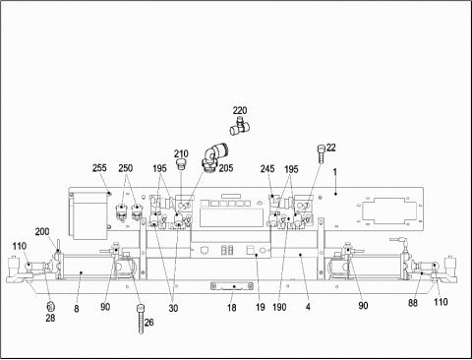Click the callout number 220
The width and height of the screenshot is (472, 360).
pos(240,110)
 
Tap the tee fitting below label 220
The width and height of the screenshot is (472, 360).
pos(240,126)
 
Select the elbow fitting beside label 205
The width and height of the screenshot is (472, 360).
pos(213,156)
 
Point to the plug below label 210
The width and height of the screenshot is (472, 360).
pos(181,164)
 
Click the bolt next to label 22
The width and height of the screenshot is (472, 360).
pos(322,153)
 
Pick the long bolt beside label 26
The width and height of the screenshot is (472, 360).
pos(141,319)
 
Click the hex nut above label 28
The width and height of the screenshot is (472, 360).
pos(50,307)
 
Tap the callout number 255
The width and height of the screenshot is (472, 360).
pos(99,168)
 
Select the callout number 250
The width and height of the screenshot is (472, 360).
pos(126,168)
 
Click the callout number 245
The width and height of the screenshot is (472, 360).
pos(267,169)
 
